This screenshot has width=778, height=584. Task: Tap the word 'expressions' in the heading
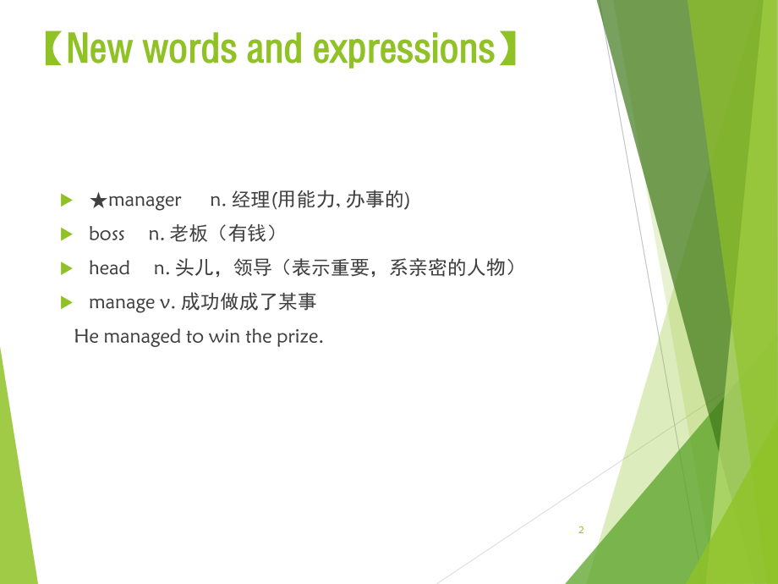pyautogui.click(x=404, y=51)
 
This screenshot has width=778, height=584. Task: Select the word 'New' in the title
pyautogui.click(x=99, y=49)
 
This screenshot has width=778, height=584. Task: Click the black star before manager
pyautogui.click(x=98, y=201)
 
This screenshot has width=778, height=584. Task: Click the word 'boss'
pyautogui.click(x=107, y=234)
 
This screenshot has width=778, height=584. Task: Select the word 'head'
pyautogui.click(x=109, y=267)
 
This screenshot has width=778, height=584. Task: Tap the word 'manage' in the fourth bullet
pyautogui.click(x=122, y=302)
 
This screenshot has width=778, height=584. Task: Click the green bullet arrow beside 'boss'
pyautogui.click(x=67, y=234)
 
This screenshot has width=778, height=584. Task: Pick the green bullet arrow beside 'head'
pyautogui.click(x=67, y=268)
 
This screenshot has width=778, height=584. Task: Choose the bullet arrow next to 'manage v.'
pyautogui.click(x=67, y=302)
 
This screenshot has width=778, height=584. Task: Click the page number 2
pyautogui.click(x=581, y=530)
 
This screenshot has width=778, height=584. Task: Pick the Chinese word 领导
pyautogui.click(x=253, y=267)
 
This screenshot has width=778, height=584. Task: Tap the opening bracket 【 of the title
pyautogui.click(x=53, y=49)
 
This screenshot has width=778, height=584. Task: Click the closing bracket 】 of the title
pyautogui.click(x=507, y=49)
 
